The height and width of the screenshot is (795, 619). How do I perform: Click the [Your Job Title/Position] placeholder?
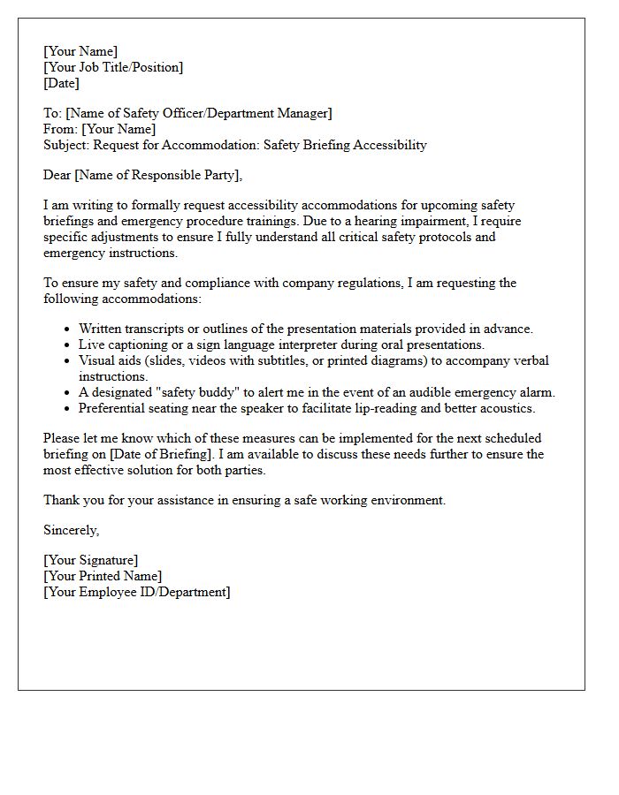click(x=113, y=67)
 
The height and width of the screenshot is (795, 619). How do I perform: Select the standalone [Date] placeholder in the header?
click(x=61, y=83)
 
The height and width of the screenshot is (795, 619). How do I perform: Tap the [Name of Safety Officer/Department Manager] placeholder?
click(x=199, y=113)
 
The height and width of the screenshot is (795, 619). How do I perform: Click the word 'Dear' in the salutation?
click(x=58, y=175)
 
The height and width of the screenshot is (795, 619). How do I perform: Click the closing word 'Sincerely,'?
click(x=72, y=530)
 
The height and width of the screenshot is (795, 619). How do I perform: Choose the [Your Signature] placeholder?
click(x=90, y=560)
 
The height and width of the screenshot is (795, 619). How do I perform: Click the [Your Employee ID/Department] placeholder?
click(x=137, y=592)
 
